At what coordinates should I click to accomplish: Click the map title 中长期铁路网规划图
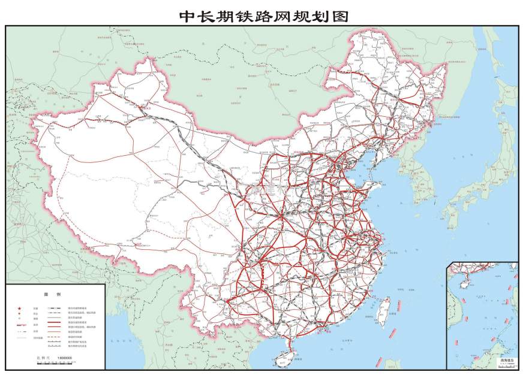(263, 16)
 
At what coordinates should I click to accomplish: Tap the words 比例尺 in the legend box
(42, 358)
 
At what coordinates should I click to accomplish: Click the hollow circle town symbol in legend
(20, 319)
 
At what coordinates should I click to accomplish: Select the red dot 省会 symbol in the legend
(20, 313)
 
